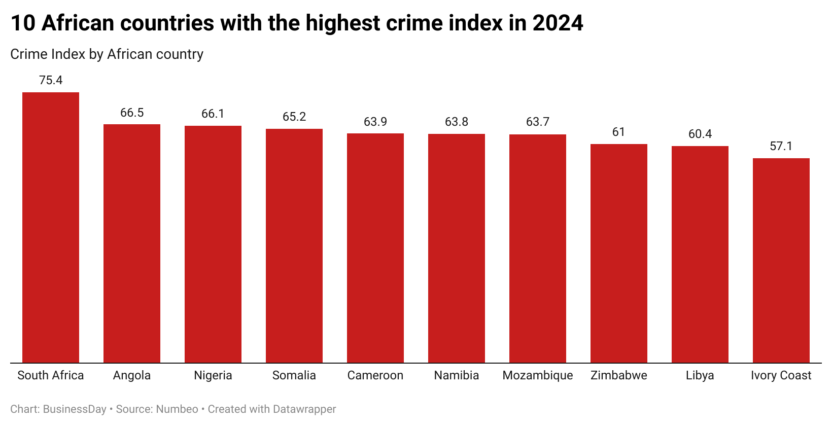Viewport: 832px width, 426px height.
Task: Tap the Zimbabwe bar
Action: pos(618,253)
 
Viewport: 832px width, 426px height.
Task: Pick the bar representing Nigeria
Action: pos(213,244)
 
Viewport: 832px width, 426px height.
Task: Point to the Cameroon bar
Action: pos(375,248)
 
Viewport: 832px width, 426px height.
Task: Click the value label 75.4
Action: pos(51,80)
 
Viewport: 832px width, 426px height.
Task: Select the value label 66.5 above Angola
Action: pos(132,113)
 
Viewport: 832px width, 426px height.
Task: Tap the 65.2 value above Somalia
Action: pos(294,117)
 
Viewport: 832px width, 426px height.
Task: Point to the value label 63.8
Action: pos(457,122)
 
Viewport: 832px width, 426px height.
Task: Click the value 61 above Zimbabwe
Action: pos(618,132)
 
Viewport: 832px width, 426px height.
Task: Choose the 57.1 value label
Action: pos(781,146)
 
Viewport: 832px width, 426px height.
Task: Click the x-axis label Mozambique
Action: pos(538,375)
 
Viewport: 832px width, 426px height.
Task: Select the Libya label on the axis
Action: pos(700,375)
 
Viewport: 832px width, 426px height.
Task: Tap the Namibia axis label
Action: pos(457,375)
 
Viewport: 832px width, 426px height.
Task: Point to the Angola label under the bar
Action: pos(132,375)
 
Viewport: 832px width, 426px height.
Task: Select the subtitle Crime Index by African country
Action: pos(107,54)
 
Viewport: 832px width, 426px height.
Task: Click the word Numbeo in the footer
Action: pos(177,409)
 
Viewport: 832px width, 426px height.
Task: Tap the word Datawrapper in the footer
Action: pos(304,409)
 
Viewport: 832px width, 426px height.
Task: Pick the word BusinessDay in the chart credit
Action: pos(75,409)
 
